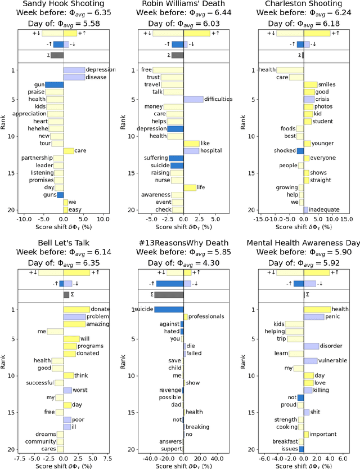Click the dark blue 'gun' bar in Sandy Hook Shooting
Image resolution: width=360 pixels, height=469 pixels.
54,84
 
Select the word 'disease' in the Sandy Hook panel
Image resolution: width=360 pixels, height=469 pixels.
96,77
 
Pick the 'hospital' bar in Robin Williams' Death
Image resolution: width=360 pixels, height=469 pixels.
191,150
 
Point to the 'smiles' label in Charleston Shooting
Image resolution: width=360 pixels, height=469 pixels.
327,84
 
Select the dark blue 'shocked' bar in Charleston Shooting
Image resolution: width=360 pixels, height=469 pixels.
300,150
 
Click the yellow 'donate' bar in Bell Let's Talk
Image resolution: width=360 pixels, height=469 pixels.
76,309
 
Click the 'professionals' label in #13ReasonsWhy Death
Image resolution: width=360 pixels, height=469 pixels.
206,316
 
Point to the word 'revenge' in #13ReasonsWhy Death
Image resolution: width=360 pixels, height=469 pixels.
170,390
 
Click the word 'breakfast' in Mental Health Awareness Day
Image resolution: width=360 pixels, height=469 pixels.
285,441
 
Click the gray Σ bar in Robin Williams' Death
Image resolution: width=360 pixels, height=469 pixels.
177,55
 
